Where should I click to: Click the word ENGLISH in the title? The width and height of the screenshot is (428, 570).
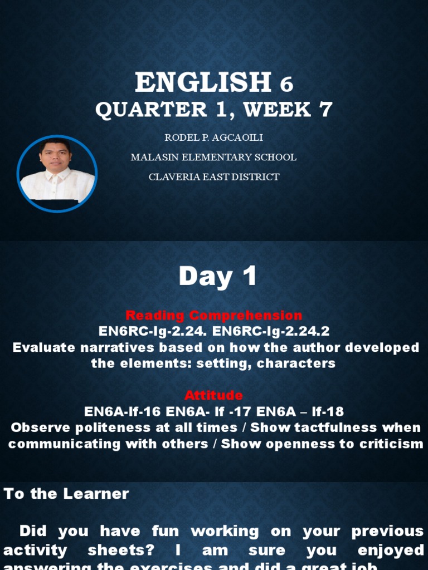[202, 82]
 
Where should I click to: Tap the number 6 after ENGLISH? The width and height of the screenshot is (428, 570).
[286, 84]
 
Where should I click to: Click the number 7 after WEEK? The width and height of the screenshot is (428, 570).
[325, 110]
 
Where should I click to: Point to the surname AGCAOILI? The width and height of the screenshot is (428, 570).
[241, 137]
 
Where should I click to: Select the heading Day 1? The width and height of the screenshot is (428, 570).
[218, 276]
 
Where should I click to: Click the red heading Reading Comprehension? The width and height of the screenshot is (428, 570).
[214, 315]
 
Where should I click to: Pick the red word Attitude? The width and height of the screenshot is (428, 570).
[214, 395]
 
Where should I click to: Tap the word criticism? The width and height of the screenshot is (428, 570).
[387, 444]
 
